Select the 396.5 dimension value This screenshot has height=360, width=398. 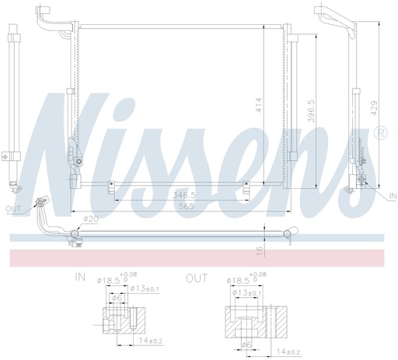[x=311, y=112]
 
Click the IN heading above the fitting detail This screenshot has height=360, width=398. [x=80, y=276]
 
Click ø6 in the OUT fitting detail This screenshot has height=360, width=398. [x=245, y=344]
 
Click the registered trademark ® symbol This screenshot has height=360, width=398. [x=380, y=136]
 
